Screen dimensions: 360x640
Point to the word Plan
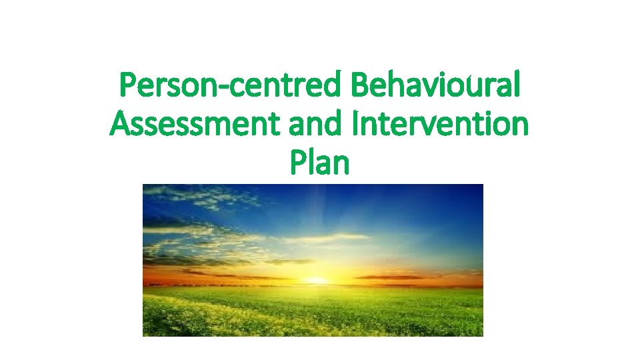point(320,161)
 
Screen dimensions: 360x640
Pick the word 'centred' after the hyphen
point(289,87)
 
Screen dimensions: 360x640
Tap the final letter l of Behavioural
point(517,87)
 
